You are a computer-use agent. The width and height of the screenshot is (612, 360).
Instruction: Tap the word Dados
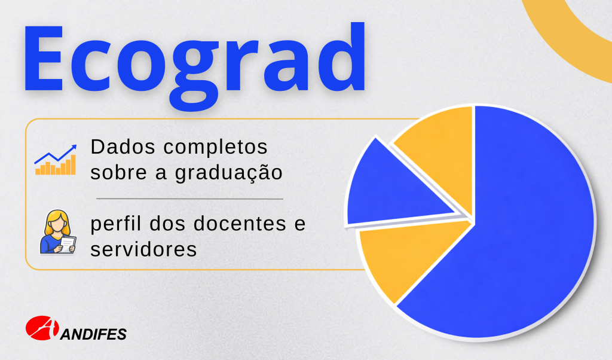pyautogui.click(x=123, y=147)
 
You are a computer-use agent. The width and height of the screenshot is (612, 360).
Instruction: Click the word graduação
pyautogui.click(x=229, y=173)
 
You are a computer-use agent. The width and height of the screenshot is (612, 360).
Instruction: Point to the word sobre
pyautogui.click(x=118, y=173)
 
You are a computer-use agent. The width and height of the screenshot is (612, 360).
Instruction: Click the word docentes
pyautogui.click(x=240, y=224)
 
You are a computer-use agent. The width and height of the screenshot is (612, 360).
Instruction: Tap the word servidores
pyautogui.click(x=143, y=249)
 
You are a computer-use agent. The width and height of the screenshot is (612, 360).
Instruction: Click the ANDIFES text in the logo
pyautogui.click(x=94, y=334)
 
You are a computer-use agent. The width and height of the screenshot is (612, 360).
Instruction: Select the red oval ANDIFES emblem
pyautogui.click(x=42, y=328)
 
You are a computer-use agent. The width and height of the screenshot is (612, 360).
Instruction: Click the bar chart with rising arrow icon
pyautogui.click(x=56, y=160)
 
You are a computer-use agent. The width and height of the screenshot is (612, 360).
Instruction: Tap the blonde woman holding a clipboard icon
pyautogui.click(x=58, y=232)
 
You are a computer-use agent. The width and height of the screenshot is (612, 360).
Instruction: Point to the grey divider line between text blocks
pyautogui.click(x=189, y=199)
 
